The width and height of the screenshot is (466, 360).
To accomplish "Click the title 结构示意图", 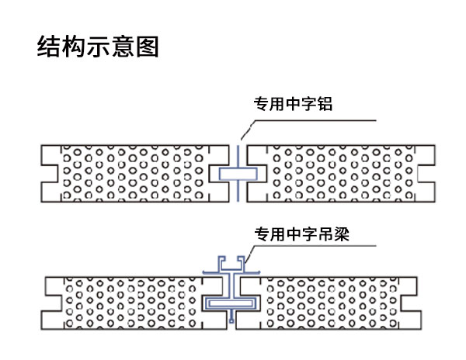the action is pos(98,47).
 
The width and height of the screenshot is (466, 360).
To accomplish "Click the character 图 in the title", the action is pos(148,47).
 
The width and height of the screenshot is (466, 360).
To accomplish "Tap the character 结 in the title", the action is pos(48,47).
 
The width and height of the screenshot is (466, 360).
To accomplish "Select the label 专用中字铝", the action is pos(293,104).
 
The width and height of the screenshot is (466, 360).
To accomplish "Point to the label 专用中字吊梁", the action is pos(301,234).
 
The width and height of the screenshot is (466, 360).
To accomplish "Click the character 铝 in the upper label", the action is pos(325,104).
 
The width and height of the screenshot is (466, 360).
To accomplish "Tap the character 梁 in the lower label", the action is pos(342,234).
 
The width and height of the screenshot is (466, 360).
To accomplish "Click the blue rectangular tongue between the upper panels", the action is pos(238,174).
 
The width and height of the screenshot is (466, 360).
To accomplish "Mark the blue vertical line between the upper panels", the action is pos(238,174).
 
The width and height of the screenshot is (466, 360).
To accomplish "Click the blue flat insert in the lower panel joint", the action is pos(231,303).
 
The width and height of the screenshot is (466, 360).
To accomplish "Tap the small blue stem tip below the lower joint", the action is pos(231,320).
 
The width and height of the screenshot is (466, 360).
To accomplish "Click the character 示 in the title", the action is pos(98,47).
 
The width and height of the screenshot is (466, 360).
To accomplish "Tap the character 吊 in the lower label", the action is pos(325,234).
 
